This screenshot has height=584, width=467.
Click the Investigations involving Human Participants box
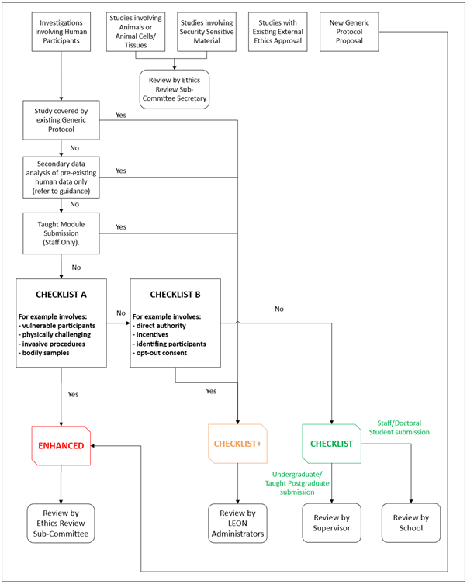[61, 32]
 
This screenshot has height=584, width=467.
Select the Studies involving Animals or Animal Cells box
[137, 32]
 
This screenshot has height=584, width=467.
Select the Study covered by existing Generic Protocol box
[61, 120]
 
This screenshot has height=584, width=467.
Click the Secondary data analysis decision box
[61, 177]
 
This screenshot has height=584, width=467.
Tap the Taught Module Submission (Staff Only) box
[61, 233]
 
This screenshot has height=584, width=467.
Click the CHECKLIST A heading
[61, 295]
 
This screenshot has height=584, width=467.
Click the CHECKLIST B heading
[175, 295]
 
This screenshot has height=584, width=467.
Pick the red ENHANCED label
[61, 444]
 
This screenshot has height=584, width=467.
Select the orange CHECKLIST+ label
[237, 444]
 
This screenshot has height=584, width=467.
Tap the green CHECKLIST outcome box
[331, 444]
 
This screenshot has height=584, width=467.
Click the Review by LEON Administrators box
[237, 523]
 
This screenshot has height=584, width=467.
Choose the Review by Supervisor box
[331, 523]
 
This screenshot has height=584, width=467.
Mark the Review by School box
[410, 523]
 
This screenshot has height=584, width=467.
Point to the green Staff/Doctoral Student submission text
[402, 426]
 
